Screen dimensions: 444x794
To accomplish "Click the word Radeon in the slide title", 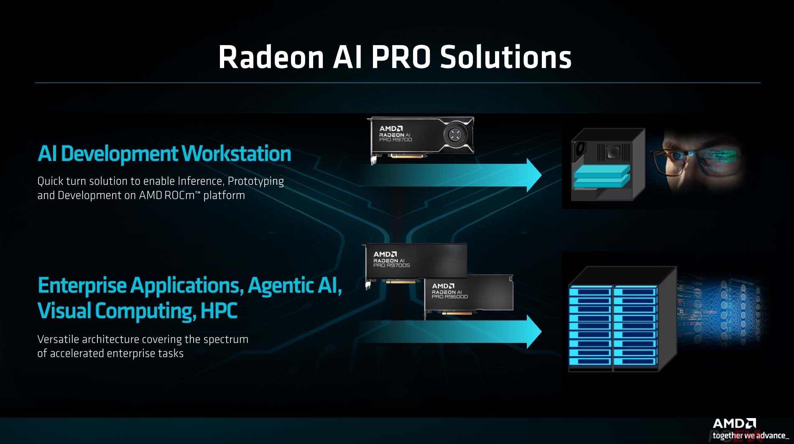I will [x=271, y=57].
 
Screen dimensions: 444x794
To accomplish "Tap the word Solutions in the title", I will [x=506, y=57].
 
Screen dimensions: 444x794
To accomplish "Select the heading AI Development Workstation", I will [x=164, y=153].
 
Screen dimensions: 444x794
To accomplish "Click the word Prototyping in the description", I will [x=255, y=181].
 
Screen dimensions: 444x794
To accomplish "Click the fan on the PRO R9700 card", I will [x=454, y=135].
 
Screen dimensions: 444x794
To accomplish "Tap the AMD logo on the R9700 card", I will [x=391, y=128].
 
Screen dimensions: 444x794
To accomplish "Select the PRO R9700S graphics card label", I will [x=391, y=265].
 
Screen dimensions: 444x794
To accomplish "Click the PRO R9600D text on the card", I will [x=449, y=296].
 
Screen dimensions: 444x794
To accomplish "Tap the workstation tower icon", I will [x=608, y=165].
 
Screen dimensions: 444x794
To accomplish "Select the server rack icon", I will [x=622, y=319].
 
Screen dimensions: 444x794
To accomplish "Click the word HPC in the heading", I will [x=219, y=311].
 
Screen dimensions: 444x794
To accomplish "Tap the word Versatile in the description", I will [x=58, y=339].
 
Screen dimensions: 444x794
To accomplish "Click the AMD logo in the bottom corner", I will [x=734, y=424].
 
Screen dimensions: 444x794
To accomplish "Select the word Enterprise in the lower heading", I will [x=82, y=286].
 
